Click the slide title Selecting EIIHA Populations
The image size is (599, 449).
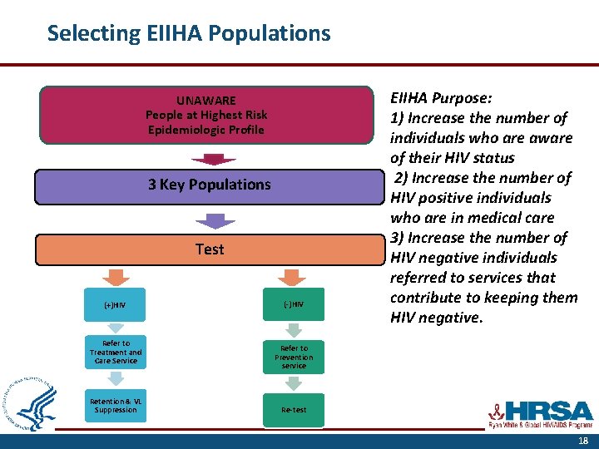pos(189,33)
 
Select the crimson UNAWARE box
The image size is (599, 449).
pos(206,116)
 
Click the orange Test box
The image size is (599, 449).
pos(209,249)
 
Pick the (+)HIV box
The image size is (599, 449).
pos(116,305)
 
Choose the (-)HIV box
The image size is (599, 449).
pos(294,305)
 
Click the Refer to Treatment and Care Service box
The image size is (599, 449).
pos(116,353)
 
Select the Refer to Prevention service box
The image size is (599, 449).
pos(294,357)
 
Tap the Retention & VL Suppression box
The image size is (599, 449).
pos(116,405)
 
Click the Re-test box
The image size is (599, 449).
pos(294,409)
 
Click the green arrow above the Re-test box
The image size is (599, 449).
pos(293,382)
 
